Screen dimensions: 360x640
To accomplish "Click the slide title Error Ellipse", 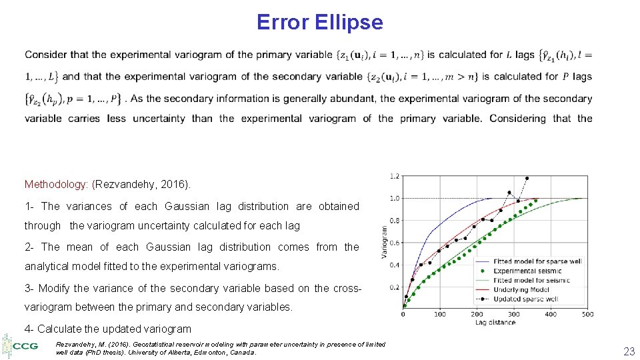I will (x=319, y=23).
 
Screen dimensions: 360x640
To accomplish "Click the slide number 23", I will (x=628, y=351).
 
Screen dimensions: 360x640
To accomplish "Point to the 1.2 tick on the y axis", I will (x=395, y=176).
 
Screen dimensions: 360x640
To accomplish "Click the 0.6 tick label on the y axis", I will (x=395, y=243).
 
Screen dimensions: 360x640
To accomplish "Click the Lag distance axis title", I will (x=495, y=323).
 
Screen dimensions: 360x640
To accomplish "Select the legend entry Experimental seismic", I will (x=527, y=271).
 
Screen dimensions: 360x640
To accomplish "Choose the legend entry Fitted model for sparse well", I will (x=537, y=261).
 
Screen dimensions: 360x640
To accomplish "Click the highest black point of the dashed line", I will (x=527, y=178).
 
